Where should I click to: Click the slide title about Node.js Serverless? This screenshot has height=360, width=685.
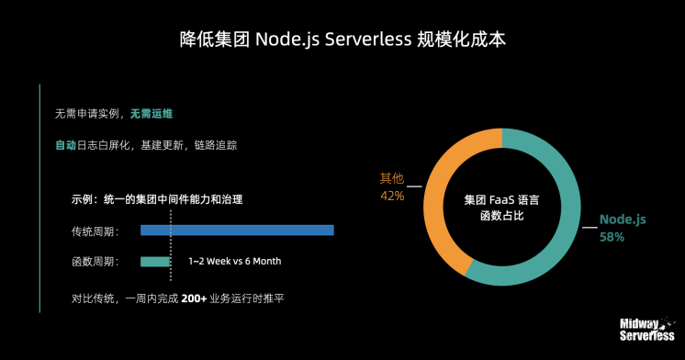click(x=342, y=40)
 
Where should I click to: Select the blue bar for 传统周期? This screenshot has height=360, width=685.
click(x=237, y=231)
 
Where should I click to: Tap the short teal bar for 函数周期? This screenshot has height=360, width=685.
click(x=155, y=262)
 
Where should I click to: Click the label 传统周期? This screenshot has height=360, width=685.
click(x=95, y=231)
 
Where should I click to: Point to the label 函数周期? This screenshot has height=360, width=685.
click(x=95, y=262)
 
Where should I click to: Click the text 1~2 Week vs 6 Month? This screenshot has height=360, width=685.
click(x=234, y=262)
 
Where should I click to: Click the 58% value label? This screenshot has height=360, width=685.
click(x=612, y=237)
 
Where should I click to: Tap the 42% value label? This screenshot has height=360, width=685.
click(x=392, y=196)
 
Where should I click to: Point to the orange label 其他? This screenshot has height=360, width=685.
click(x=392, y=178)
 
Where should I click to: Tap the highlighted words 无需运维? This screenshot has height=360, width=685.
click(x=152, y=114)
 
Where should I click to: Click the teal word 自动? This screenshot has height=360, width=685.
click(x=65, y=145)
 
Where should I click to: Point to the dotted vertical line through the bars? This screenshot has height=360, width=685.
click(x=170, y=243)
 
